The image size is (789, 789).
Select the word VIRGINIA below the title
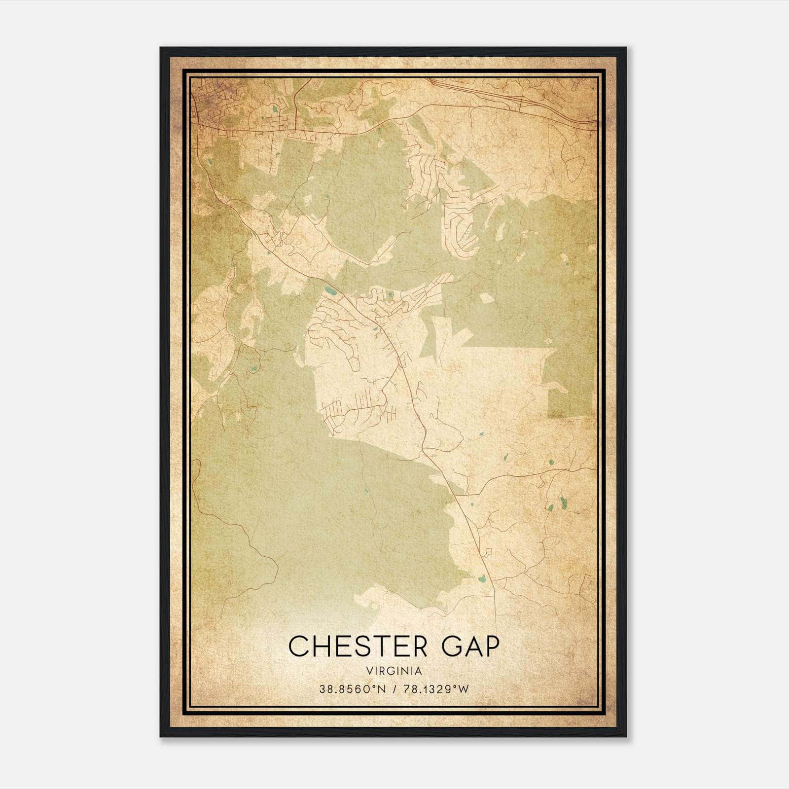click(394, 671)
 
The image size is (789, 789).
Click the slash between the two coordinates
click(394, 689)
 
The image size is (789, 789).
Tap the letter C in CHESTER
click(299, 646)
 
